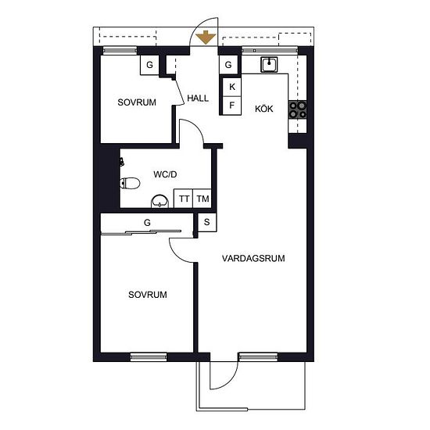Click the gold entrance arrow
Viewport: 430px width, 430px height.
(206, 38)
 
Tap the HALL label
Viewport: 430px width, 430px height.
(198, 99)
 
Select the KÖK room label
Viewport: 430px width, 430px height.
(263, 109)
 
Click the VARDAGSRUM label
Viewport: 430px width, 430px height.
(253, 258)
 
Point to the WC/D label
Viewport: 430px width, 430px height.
(165, 174)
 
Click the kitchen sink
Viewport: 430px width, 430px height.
(269, 64)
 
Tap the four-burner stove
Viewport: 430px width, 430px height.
(297, 109)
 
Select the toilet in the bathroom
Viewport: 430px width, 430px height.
(130, 183)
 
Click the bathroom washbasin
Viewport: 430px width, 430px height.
(159, 201)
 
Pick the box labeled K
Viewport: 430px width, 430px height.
(231, 87)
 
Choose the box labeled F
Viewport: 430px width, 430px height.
(231, 106)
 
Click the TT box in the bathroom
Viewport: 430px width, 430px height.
(184, 199)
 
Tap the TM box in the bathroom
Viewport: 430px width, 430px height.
(202, 199)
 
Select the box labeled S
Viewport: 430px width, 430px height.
(206, 222)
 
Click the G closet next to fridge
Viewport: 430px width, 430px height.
(228, 65)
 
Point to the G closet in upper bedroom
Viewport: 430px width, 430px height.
(149, 65)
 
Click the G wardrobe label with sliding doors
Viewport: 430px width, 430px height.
(147, 222)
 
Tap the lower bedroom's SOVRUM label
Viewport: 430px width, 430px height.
(148, 295)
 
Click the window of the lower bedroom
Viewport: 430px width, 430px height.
(149, 357)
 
